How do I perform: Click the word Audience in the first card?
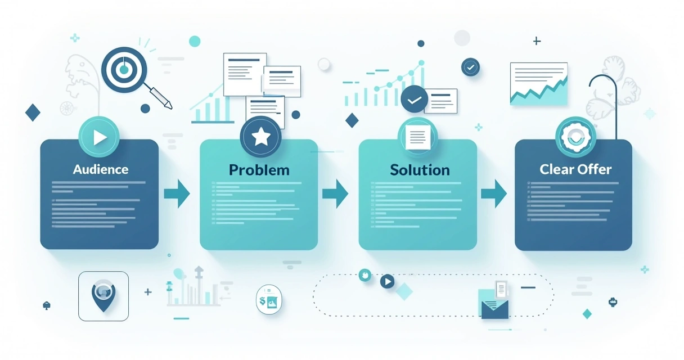[101, 169]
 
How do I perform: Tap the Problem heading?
[259, 170]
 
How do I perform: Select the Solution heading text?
[420, 170]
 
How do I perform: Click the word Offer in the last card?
[594, 169]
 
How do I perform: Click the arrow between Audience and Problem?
[177, 193]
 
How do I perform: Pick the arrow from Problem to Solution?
[335, 193]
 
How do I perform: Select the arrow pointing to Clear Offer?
[494, 193]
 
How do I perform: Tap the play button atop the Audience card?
[99, 137]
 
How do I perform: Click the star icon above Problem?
[260, 137]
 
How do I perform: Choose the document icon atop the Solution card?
[417, 137]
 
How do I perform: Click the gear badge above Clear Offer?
[575, 137]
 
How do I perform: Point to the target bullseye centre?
[124, 70]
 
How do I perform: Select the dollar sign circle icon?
[269, 300]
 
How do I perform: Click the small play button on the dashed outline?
[387, 281]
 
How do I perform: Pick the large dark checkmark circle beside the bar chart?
[414, 99]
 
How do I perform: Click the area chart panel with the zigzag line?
[539, 84]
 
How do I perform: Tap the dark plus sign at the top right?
[537, 41]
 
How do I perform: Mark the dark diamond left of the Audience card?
[33, 112]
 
